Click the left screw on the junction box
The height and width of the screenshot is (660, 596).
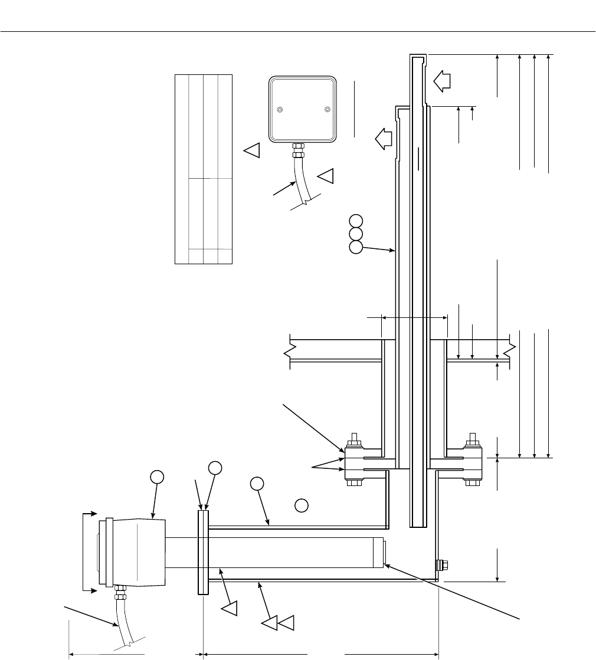tap(280, 109)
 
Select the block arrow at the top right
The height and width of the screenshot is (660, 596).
tap(441, 80)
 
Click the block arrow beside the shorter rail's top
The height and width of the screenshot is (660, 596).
tap(384, 140)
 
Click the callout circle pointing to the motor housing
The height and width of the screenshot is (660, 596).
tap(156, 477)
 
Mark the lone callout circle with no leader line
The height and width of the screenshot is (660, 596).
tap(301, 505)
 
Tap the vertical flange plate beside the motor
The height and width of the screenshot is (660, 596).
tap(203, 553)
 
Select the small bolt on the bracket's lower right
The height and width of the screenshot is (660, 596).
tap(441, 565)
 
